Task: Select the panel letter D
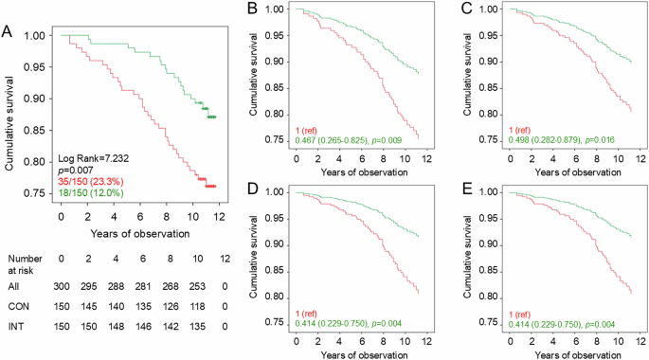coord(252,191)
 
